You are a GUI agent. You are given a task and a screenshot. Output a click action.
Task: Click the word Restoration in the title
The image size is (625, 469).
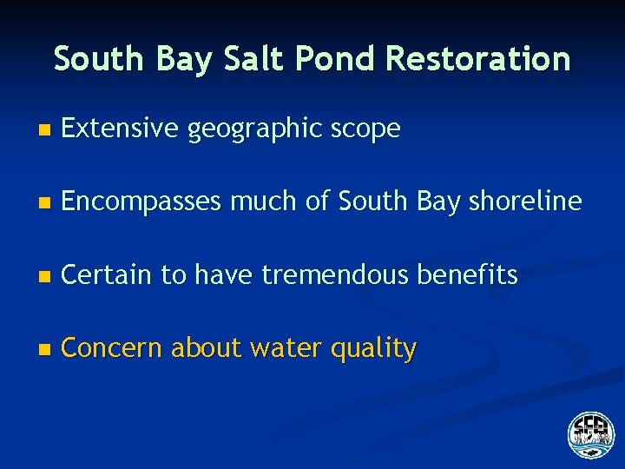pyautogui.click(x=478, y=59)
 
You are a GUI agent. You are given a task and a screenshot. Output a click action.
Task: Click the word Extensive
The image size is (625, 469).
pyautogui.click(x=122, y=129)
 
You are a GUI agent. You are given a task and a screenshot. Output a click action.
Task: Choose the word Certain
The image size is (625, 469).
pyautogui.click(x=109, y=275)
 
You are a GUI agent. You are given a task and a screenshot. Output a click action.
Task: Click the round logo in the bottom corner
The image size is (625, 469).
pyautogui.click(x=591, y=434)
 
